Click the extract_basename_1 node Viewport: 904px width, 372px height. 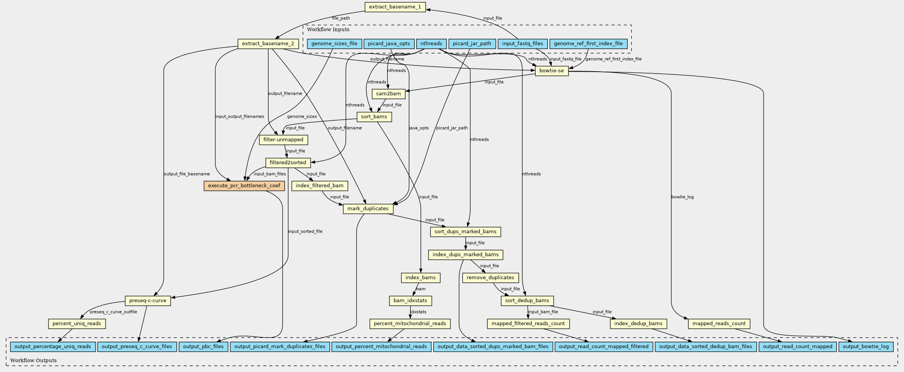click(x=395, y=7)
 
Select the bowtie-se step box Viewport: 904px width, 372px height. click(x=552, y=71)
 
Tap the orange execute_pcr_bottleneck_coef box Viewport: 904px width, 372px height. click(x=244, y=186)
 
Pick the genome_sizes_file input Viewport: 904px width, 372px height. click(x=334, y=44)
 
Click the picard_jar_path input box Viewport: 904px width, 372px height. click(x=472, y=44)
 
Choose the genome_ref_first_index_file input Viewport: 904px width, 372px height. click(x=588, y=44)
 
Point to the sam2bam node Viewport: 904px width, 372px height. click(x=388, y=94)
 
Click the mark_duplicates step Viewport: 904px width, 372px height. click(x=368, y=209)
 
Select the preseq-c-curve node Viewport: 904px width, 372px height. click(x=148, y=301)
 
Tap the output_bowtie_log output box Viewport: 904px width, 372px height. click(x=866, y=347)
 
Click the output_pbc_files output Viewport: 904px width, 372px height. click(x=204, y=347)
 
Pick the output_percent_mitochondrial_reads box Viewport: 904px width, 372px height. click(x=381, y=347)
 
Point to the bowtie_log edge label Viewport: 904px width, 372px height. click(x=682, y=197)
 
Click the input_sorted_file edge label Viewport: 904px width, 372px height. click(x=305, y=231)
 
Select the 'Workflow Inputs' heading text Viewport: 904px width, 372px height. click(x=328, y=29)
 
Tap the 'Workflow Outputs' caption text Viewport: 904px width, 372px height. click(x=33, y=361)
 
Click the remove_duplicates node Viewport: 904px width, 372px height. click(x=490, y=278)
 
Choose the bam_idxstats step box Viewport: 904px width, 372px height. click(x=410, y=301)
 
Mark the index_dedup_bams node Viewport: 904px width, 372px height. click(x=639, y=324)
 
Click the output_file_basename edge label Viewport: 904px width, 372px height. click(x=187, y=174)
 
